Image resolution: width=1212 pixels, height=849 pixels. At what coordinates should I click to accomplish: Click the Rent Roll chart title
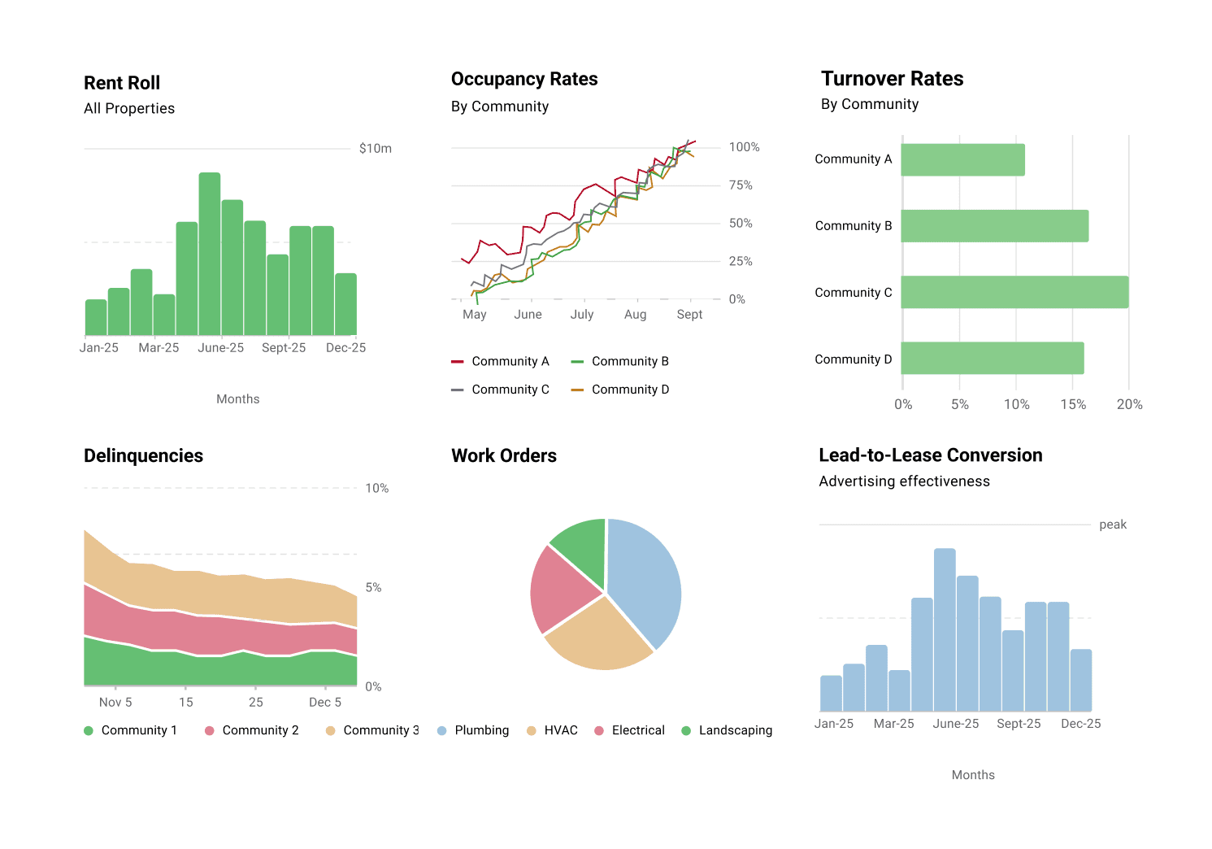coord(122,83)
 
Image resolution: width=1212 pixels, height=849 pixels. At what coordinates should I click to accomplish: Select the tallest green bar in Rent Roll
coord(210,254)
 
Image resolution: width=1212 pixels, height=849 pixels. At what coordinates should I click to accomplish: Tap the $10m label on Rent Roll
coord(375,148)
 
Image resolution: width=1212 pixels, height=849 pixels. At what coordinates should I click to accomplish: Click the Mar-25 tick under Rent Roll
coord(159,347)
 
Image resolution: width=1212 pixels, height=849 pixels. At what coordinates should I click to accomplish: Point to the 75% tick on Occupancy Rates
coord(740,185)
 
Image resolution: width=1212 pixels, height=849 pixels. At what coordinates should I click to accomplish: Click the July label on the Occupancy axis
coord(581,314)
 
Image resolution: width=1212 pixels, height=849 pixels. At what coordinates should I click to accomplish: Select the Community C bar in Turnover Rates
coord(1014,292)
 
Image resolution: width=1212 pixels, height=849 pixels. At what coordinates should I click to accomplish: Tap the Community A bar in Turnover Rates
coord(962,159)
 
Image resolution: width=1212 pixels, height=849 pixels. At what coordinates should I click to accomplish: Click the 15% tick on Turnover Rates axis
coord(1072,404)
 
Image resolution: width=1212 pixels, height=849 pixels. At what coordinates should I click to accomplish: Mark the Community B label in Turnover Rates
coord(853,226)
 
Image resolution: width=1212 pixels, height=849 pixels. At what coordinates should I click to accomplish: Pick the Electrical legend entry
coord(637,730)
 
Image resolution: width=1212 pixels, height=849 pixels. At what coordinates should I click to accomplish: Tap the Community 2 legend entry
coord(259,730)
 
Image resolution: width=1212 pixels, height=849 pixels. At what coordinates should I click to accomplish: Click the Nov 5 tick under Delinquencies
coord(115,702)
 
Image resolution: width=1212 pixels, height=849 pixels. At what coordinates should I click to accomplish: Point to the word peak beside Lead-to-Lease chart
coord(1112,525)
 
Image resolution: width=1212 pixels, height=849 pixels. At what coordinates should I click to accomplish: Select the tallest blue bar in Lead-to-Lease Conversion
coord(945,629)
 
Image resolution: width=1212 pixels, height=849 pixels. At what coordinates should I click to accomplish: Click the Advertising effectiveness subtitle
coord(904,481)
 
